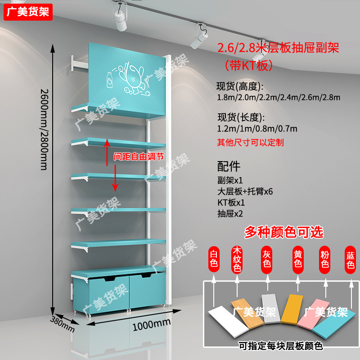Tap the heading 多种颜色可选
[x=283, y=232]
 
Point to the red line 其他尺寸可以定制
[x=250, y=143]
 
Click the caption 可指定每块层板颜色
[x=281, y=346]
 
